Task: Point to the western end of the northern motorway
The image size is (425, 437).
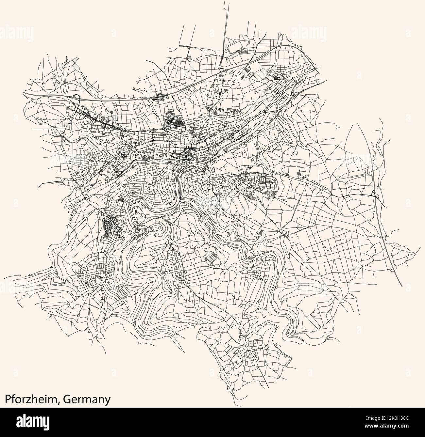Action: point(24,93)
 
